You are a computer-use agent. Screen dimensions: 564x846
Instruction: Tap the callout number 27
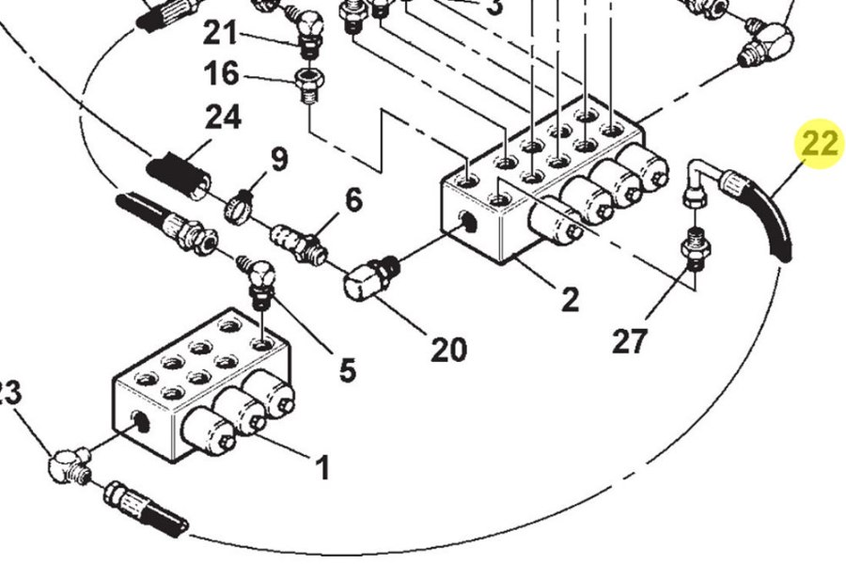(630, 340)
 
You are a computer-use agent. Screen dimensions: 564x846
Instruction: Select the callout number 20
(448, 349)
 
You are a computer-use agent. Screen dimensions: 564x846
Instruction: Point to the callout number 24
(224, 118)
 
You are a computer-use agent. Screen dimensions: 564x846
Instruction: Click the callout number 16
(222, 73)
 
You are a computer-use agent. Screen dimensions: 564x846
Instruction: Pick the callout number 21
(222, 34)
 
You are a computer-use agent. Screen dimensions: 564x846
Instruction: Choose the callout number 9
(279, 159)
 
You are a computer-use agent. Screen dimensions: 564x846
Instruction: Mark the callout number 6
(352, 200)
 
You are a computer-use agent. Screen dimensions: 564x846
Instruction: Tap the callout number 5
(347, 370)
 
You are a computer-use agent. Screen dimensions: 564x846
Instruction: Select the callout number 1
(321, 467)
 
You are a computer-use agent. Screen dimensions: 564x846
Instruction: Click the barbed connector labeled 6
(297, 242)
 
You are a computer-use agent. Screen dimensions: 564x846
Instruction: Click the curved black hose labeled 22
(765, 208)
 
